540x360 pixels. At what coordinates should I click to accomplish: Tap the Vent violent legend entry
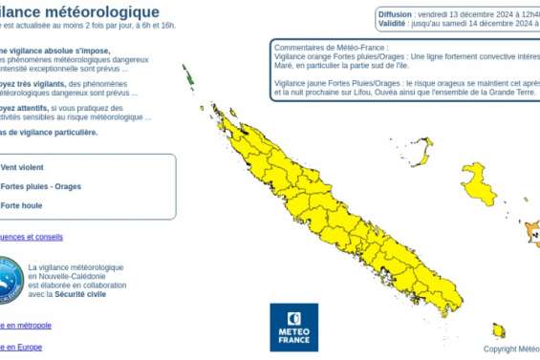coord(23,167)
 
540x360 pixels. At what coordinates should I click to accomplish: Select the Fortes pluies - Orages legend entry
coord(41,186)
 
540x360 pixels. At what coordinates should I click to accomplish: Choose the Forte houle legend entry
coord(23,205)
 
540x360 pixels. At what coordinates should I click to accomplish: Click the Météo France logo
coord(293,327)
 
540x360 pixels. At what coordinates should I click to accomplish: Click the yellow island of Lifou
coord(478,182)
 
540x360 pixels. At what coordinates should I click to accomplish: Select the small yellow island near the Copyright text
coord(498,330)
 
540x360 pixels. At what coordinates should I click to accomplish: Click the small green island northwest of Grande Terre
coord(188,76)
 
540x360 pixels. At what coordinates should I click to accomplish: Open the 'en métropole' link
coord(26,326)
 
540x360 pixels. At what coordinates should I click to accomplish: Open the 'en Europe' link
coord(21,348)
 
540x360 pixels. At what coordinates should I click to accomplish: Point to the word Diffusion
coord(395,14)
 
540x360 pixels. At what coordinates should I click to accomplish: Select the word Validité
coord(392,24)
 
